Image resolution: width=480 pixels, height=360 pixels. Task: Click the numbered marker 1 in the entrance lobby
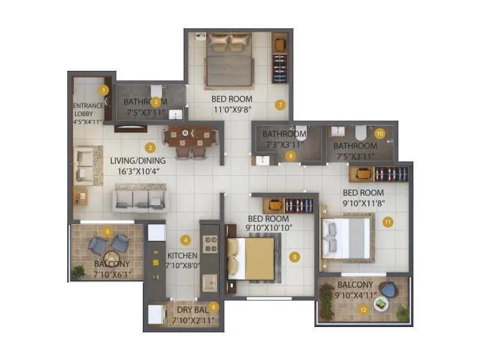pos(104,91)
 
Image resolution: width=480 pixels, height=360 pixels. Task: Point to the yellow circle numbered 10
pos(379,134)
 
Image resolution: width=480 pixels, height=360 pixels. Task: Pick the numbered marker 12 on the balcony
pos(362,310)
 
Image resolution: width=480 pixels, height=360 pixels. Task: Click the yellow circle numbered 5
pos(107,231)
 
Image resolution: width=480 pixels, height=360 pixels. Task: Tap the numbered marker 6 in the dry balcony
pos(214,307)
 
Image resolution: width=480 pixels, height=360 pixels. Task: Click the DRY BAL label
pos(192,310)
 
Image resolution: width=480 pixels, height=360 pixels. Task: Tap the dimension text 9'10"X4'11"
pos(356,295)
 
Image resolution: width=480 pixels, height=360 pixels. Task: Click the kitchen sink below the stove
pos(209,283)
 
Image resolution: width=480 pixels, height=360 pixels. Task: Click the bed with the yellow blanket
pos(251,258)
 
